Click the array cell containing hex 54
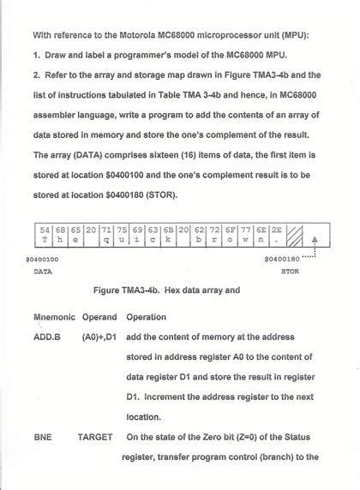click(x=45, y=235)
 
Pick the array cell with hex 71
click(x=106, y=235)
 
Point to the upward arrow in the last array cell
click(x=315, y=236)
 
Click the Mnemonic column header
click(x=54, y=317)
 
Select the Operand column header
click(x=99, y=317)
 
